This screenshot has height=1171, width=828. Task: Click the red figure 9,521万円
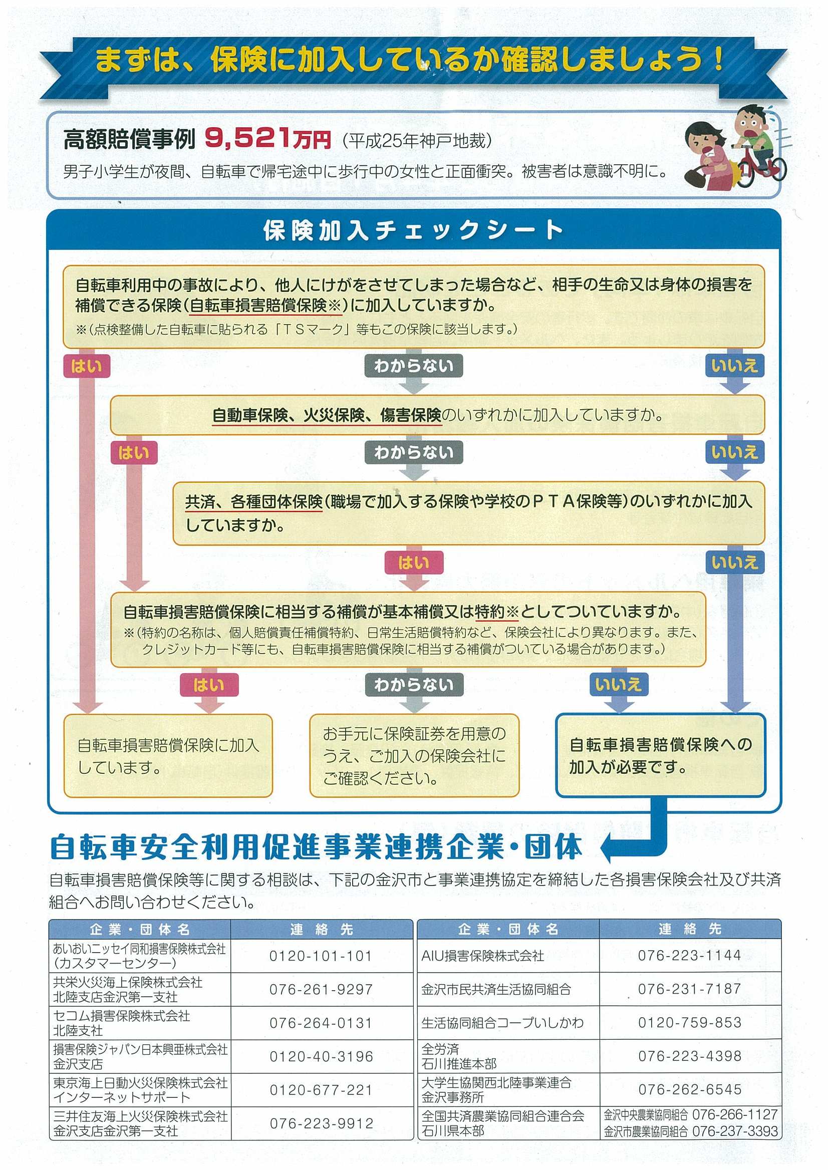pyautogui.click(x=268, y=138)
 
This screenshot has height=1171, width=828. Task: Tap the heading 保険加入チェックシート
pyautogui.click(x=413, y=230)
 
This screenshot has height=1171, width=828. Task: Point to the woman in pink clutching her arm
pyautogui.click(x=707, y=158)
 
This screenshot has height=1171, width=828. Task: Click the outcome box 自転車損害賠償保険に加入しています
pyautogui.click(x=168, y=755)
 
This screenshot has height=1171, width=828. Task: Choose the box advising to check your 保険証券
pyautogui.click(x=414, y=755)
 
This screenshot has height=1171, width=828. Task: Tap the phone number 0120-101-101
pyautogui.click(x=321, y=956)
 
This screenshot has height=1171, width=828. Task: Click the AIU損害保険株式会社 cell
pyautogui.click(x=482, y=955)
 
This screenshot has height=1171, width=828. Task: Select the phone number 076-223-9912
pyautogui.click(x=322, y=1123)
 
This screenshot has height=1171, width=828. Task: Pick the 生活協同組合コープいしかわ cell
pyautogui.click(x=502, y=1022)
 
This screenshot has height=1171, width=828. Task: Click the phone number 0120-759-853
pyautogui.click(x=690, y=1022)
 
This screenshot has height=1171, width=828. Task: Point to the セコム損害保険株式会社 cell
pyautogui.click(x=122, y=1023)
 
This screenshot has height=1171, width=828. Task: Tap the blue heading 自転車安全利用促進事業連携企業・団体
pyautogui.click(x=316, y=847)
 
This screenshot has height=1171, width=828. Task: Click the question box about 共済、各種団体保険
pyautogui.click(x=468, y=512)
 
